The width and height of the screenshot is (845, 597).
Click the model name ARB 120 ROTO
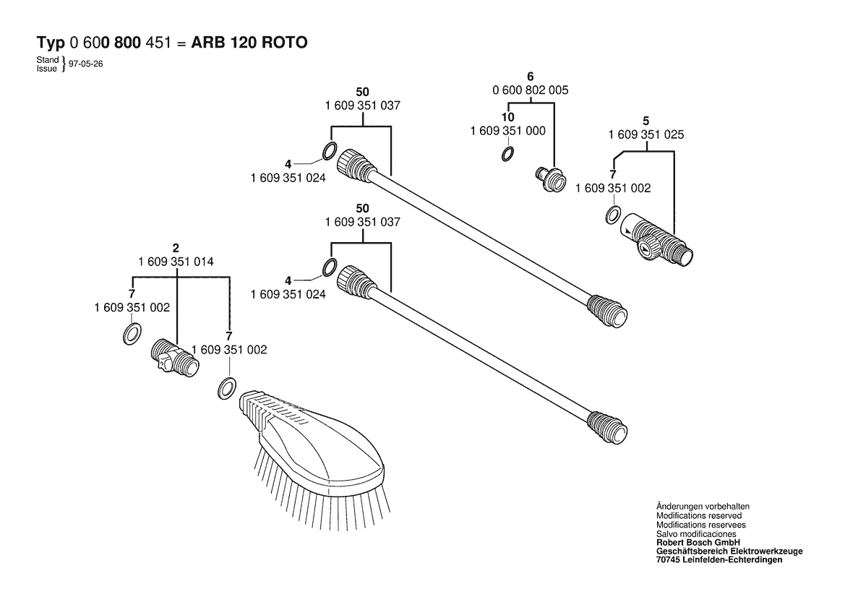coord(249,43)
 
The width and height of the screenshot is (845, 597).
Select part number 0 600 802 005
coord(530,90)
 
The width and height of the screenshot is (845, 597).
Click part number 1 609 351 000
coord(507,131)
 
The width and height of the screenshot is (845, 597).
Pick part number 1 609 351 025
coord(646,134)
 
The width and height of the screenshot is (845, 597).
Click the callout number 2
coord(176,248)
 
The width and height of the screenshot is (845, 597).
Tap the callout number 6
coord(530,77)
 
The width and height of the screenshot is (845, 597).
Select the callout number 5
coord(646,121)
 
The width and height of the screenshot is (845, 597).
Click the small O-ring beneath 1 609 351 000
coord(507,153)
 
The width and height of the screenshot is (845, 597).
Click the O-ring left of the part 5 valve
coord(612,214)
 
